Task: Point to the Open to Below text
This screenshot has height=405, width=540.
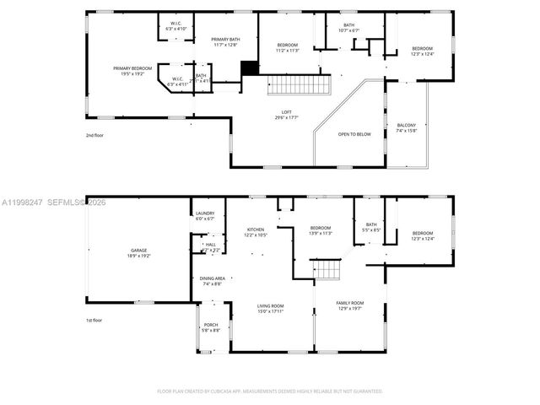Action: [x=354, y=134]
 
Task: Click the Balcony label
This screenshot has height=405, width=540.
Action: [x=407, y=127]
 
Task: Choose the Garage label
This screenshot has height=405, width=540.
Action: [x=138, y=251]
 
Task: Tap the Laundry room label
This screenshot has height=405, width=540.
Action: [x=205, y=216]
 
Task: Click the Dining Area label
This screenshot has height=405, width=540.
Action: [x=212, y=281]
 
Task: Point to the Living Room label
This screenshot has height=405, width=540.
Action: [x=270, y=308]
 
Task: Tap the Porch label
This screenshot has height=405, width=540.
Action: [x=211, y=327]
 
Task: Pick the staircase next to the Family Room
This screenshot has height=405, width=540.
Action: [x=327, y=271]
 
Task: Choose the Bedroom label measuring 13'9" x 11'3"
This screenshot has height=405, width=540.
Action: [x=320, y=231]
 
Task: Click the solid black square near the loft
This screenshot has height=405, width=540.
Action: [x=249, y=69]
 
